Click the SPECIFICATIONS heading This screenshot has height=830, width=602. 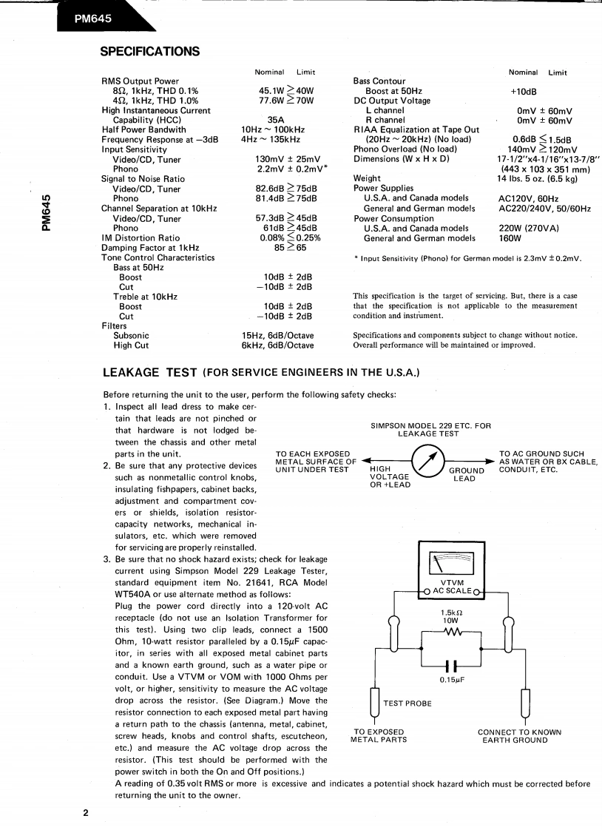(x=149, y=52)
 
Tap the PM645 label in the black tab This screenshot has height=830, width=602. (x=92, y=20)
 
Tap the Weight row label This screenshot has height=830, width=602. (x=368, y=178)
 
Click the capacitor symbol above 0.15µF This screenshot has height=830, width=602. (x=450, y=665)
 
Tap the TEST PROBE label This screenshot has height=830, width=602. (x=407, y=703)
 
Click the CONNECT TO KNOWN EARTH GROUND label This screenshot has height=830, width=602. (x=519, y=736)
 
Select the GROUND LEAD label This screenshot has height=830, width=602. (x=467, y=474)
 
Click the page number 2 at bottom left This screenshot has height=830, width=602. (x=86, y=813)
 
